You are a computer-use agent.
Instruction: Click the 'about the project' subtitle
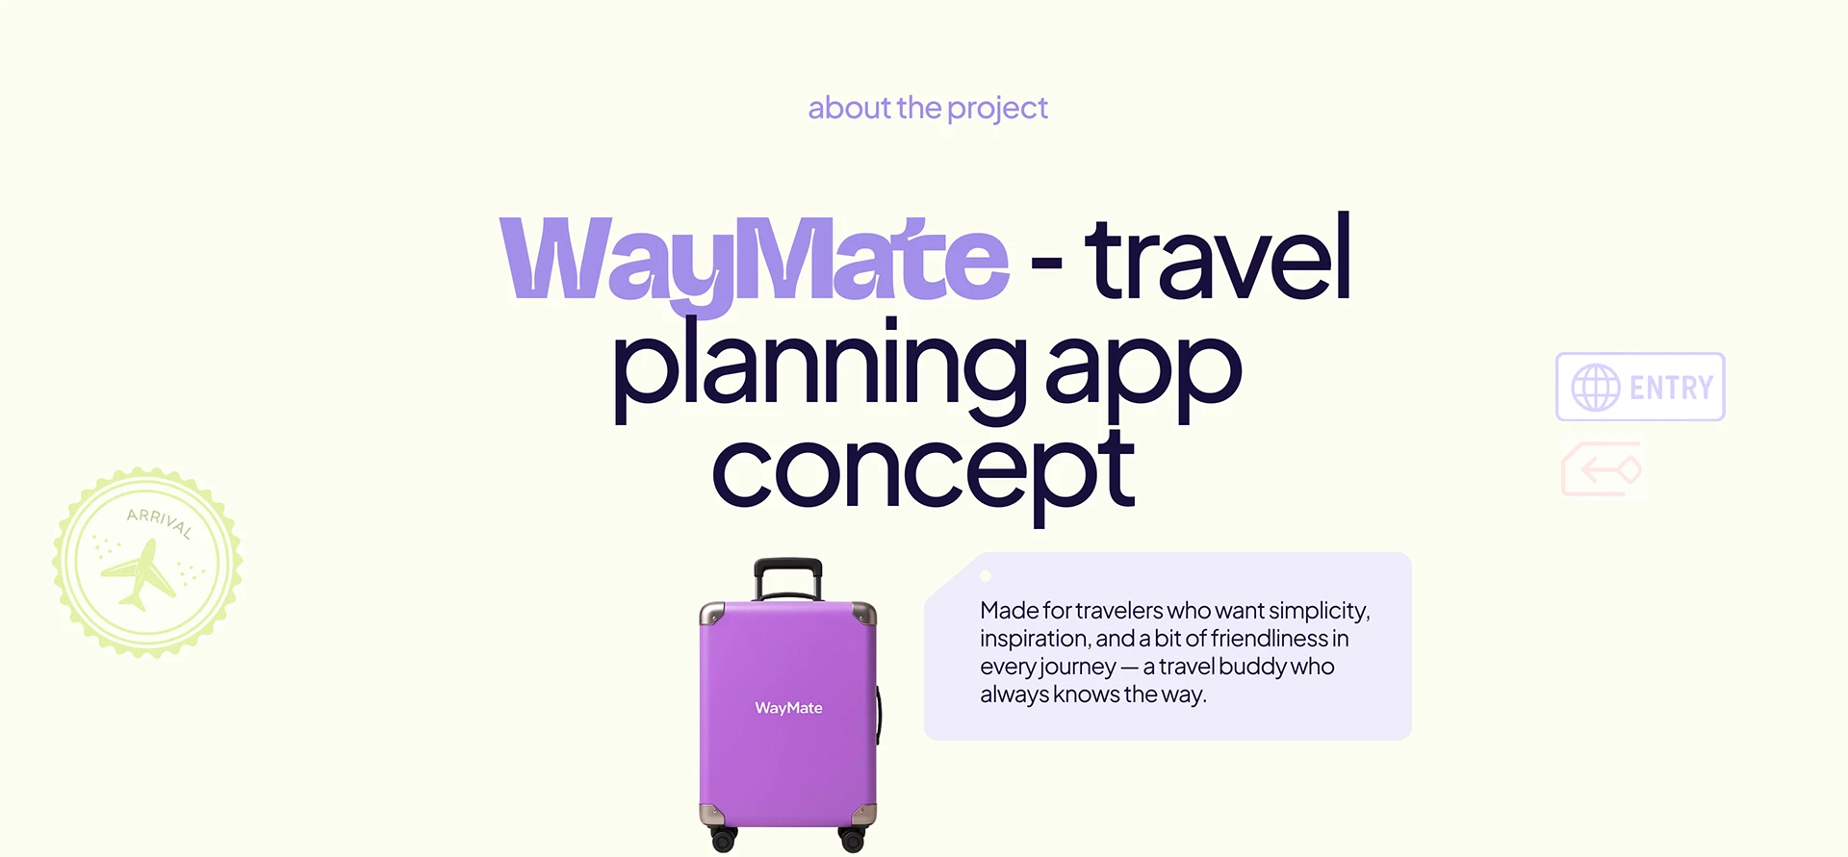click(x=928, y=109)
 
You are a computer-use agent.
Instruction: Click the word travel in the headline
click(x=1218, y=257)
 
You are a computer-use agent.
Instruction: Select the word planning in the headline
click(x=820, y=370)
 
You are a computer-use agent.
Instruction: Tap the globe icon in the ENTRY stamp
click(x=1596, y=388)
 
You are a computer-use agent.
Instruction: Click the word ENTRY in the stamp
click(x=1671, y=388)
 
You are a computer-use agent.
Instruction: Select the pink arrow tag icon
click(x=1602, y=469)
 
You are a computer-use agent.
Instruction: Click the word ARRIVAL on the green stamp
click(x=160, y=522)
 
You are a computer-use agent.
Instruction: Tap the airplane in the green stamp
click(x=140, y=575)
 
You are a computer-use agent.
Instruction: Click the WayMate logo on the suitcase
click(x=788, y=708)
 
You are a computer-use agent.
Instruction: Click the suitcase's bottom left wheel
click(x=723, y=839)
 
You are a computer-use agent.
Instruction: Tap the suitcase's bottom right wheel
click(x=853, y=840)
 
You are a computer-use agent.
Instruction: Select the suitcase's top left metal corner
click(x=712, y=614)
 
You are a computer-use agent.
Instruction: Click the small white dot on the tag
click(x=985, y=577)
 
